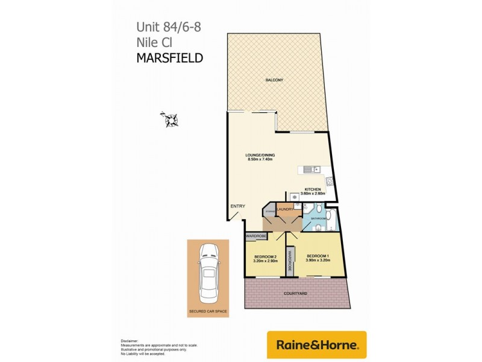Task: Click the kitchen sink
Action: tap(310, 170)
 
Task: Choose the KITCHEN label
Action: tap(313, 189)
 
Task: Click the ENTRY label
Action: tap(237, 207)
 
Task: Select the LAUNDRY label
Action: tap(285, 209)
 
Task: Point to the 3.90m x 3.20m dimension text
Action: tap(318, 260)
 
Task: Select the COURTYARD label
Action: tap(295, 293)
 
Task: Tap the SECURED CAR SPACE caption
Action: tap(208, 313)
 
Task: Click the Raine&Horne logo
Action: tap(316, 345)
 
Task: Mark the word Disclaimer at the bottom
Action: tap(130, 340)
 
